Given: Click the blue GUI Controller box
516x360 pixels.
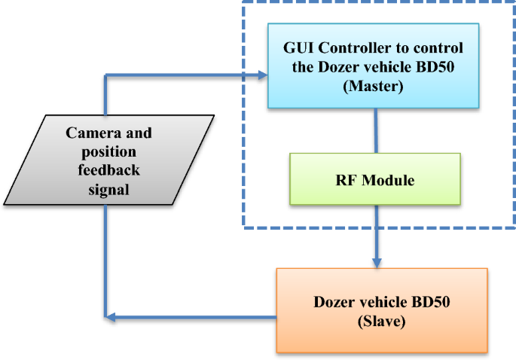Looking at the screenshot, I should click(374, 66).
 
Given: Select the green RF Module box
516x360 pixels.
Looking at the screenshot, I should click(374, 179).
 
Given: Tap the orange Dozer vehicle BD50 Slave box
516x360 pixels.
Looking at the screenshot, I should click(382, 310).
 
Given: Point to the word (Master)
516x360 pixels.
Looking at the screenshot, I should click(373, 87).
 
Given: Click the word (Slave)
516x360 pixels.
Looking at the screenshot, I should click(381, 322).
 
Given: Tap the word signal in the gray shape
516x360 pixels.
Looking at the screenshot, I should click(108, 190).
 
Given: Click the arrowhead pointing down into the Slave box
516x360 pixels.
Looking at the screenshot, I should click(375, 262).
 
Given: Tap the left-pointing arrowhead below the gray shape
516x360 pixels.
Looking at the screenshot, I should click(110, 316).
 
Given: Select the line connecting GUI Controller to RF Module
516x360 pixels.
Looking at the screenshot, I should click(374, 131).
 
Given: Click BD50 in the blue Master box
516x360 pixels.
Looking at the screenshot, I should click(435, 67).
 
